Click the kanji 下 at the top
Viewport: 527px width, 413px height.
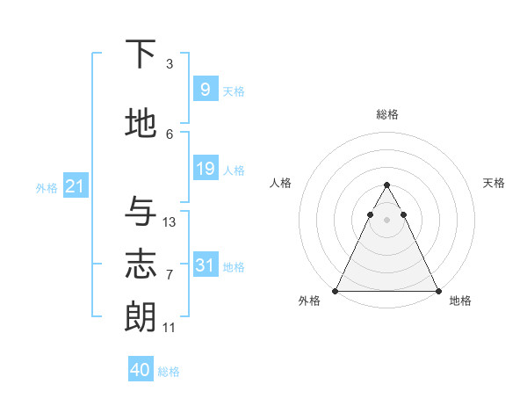141,54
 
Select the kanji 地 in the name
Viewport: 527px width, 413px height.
141,124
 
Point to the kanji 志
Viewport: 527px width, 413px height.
141,264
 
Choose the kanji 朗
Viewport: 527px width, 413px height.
141,316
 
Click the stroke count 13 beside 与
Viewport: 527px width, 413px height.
170,222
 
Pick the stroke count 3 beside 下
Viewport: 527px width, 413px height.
170,64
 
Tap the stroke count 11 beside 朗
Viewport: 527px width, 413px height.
170,328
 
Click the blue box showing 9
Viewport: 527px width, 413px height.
205,89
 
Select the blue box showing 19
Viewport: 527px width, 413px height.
205,168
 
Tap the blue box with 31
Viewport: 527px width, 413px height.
205,264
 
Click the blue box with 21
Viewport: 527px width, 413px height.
75,185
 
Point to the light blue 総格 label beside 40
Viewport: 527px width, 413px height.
170,372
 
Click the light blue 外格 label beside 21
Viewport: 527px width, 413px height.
47,187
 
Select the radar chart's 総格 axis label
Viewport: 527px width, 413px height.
386,114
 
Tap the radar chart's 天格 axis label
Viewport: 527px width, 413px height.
494,183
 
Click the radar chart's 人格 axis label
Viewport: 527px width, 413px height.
280,183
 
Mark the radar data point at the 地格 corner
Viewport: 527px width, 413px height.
437,291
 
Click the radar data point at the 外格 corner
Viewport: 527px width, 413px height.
336,291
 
